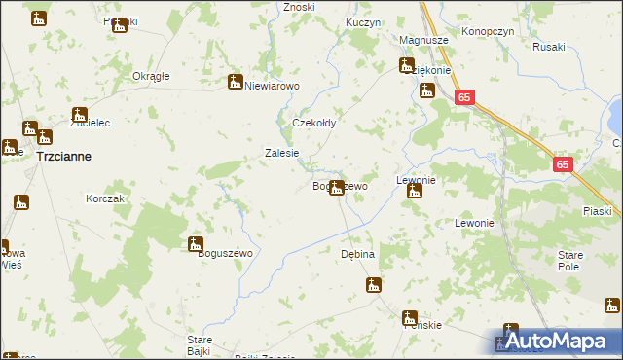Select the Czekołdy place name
314,124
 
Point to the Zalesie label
282,153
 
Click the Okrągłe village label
151,76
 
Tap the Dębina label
357,253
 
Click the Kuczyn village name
362,21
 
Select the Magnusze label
423,40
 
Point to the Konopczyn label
488,30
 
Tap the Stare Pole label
569,259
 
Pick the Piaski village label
597,211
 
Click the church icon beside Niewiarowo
235,83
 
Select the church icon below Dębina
373,285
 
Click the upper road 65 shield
465,97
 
